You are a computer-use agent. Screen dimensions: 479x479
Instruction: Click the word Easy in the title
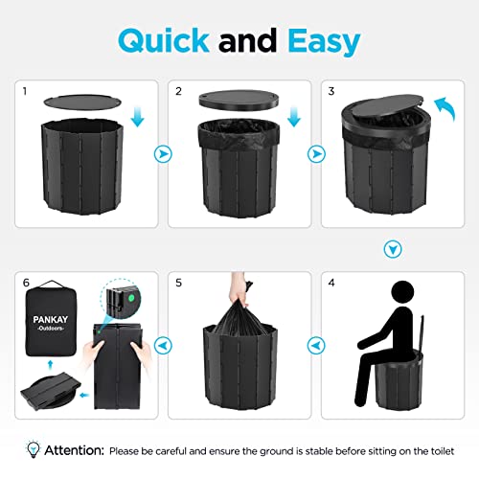321,41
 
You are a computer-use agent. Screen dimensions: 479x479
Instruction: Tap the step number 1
24,91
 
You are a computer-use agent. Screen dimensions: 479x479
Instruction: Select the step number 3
331,91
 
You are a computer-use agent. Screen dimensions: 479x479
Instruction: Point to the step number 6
25,285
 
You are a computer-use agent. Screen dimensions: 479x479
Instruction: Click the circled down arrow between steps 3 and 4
390,249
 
